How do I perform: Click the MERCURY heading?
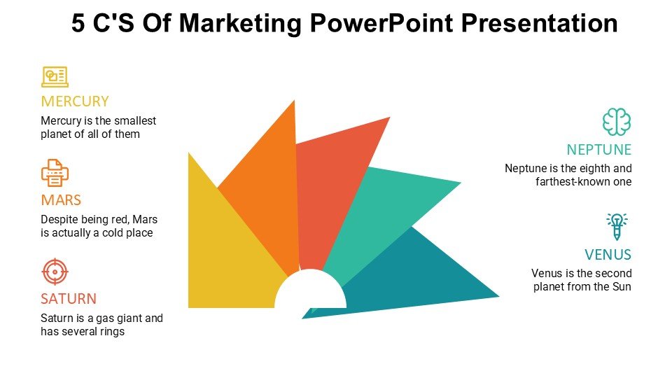[x=75, y=101]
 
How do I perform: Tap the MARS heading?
[x=61, y=200]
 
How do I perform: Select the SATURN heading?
[x=69, y=299]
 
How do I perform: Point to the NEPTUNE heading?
[x=598, y=150]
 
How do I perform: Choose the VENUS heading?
[x=608, y=255]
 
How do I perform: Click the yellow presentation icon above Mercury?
[x=55, y=77]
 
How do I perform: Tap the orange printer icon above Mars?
[x=55, y=173]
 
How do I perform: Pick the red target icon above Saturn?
[x=55, y=272]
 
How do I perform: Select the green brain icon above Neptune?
[x=617, y=122]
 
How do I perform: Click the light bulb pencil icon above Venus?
[x=617, y=226]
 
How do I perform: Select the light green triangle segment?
[x=377, y=210]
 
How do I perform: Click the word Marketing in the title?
[x=240, y=23]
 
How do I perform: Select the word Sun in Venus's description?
[x=622, y=287]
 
